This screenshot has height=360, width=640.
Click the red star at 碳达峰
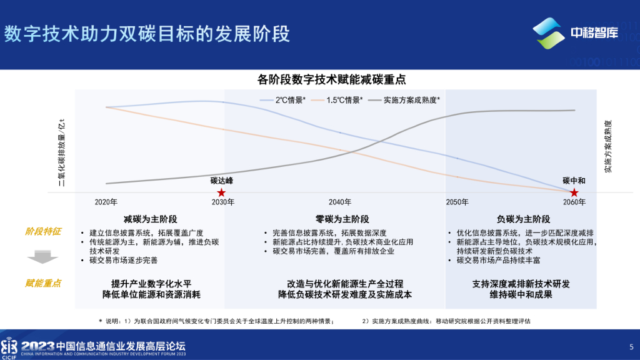(221, 192)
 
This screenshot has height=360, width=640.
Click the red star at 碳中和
(574, 192)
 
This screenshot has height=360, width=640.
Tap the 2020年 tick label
(106, 202)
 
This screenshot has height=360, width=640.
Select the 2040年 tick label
(340, 202)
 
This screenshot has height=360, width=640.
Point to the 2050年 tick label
(457, 202)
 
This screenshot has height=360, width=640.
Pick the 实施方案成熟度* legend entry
(404, 100)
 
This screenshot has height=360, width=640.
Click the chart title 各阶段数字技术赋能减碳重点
(332, 79)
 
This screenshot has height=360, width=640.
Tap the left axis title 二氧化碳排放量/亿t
(62, 152)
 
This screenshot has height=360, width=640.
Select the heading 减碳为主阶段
(150, 219)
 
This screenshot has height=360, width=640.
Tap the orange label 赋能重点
(43, 283)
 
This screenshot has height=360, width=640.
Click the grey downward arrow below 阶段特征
(42, 256)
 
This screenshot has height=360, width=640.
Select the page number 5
(631, 347)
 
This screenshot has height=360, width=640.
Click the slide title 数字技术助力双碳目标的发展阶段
(147, 34)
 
